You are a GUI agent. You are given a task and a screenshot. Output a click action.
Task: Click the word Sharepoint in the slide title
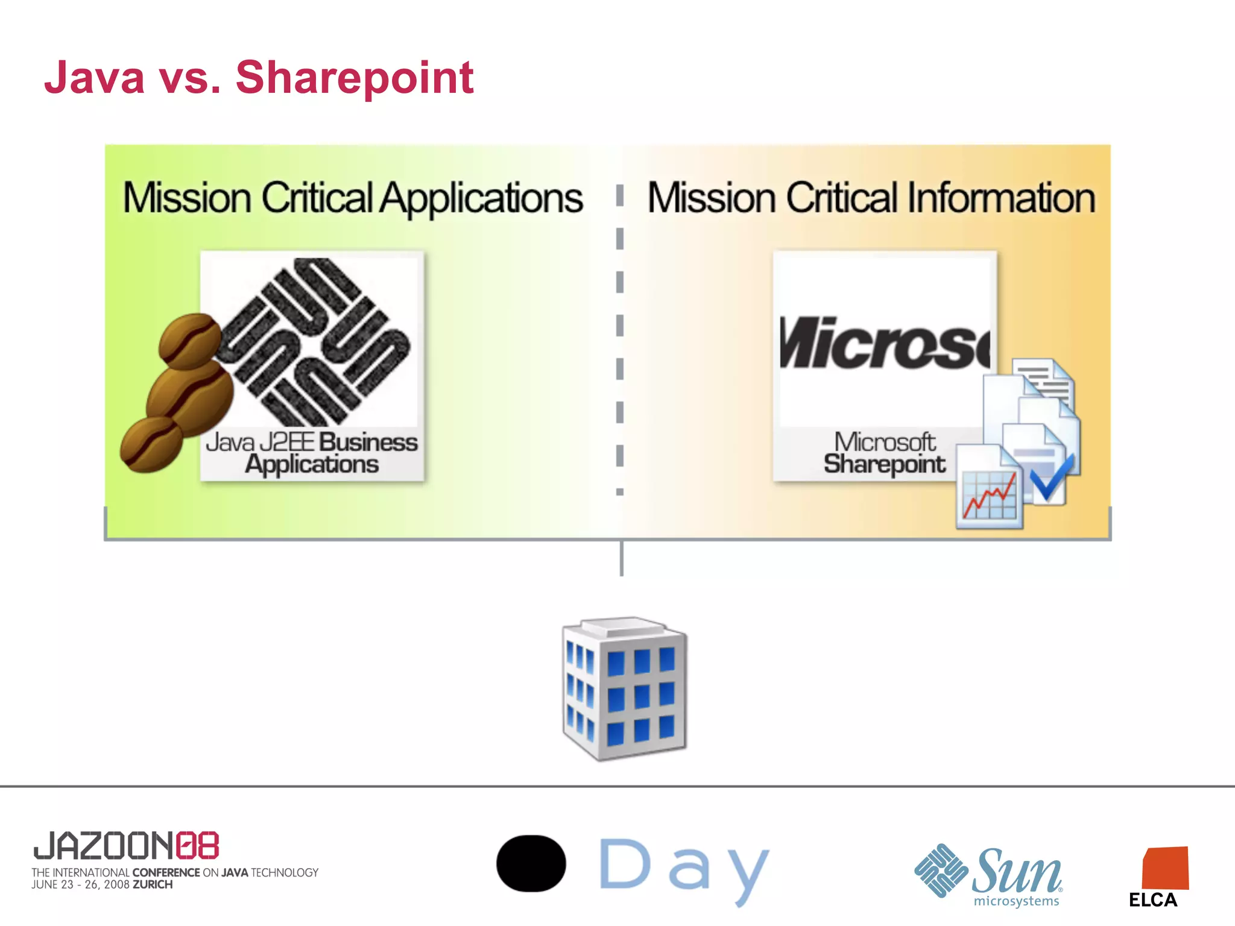coord(355,78)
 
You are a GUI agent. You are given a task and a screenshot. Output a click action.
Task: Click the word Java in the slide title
coord(95,78)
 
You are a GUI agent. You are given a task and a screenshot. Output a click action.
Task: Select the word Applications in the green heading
coord(481,199)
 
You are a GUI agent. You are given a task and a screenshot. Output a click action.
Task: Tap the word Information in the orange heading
coord(1001,199)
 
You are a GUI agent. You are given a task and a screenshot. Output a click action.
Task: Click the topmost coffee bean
coord(189,341)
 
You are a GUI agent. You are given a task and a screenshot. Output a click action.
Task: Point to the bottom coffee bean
coord(151,445)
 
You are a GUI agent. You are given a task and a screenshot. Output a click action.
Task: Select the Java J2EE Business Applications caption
coord(312,453)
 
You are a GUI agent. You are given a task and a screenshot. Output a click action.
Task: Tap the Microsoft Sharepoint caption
coord(885,453)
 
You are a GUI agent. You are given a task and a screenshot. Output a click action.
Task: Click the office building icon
coord(624,688)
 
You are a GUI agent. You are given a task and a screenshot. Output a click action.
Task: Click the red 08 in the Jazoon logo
coord(197,845)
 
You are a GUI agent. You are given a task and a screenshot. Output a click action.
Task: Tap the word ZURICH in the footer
coord(153,884)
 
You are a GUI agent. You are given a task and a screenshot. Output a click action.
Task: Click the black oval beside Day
coord(531,863)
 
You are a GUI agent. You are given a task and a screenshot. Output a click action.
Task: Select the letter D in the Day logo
coord(625,865)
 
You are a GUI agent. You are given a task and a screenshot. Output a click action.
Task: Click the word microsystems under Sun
coord(1016,901)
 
